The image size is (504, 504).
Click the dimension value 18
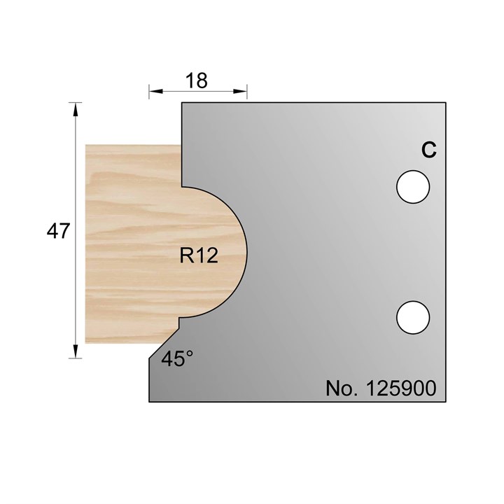click(198, 80)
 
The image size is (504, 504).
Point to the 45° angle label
click(177, 359)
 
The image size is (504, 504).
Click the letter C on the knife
click(428, 149)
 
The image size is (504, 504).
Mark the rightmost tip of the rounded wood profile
click(246, 252)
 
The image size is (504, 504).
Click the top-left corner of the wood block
click(85, 145)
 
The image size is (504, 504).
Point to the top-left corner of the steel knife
click(182, 103)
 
